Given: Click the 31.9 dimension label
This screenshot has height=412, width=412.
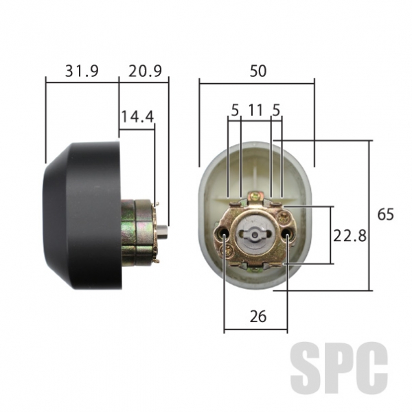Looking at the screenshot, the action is (82, 71).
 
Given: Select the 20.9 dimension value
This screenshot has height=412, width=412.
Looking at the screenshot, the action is (145, 71).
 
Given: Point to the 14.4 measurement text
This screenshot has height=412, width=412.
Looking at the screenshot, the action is (137, 117).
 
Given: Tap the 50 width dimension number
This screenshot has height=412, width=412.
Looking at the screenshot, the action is (258, 71).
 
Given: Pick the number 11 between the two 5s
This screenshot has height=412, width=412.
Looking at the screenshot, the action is (255, 110).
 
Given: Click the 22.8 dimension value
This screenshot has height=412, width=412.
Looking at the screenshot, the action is (350, 236).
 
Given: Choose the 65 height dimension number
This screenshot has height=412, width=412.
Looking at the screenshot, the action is (386, 214).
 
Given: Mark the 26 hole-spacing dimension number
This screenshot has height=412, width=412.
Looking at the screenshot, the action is (258, 317).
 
